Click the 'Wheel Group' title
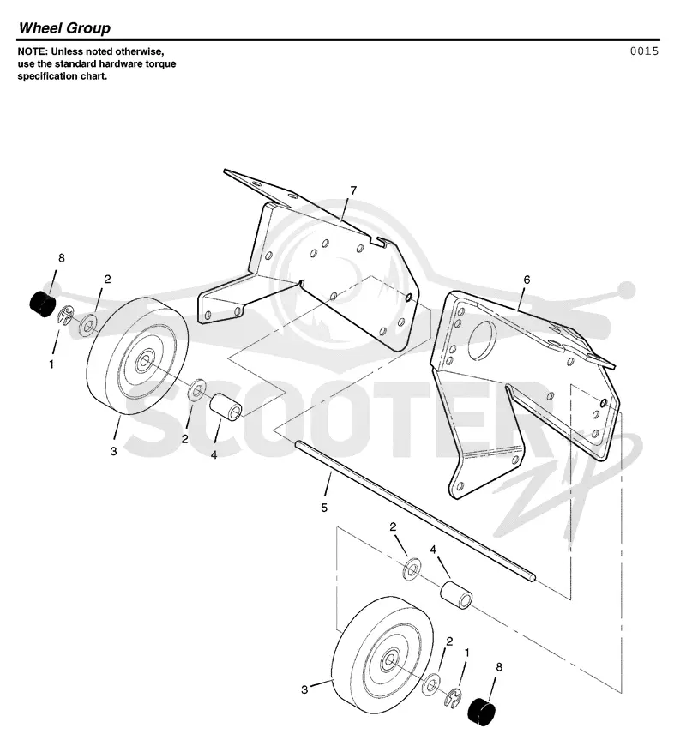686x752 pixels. [x=64, y=27]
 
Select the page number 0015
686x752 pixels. [x=644, y=51]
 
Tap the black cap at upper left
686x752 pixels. [x=42, y=304]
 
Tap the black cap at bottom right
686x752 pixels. [x=481, y=712]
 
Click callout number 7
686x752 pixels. [x=353, y=191]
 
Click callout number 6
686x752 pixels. [x=527, y=280]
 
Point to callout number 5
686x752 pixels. [x=324, y=508]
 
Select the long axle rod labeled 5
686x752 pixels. [x=415, y=511]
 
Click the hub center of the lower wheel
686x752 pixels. [x=388, y=662]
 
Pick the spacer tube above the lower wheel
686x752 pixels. [x=456, y=597]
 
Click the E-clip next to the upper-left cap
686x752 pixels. [x=66, y=317]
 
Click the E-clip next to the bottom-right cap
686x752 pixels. [x=454, y=697]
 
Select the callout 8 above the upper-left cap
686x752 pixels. [x=62, y=258]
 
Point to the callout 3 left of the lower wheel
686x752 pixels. [x=304, y=689]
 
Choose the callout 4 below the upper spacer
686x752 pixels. [x=214, y=454]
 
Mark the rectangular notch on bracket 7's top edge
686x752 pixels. [x=379, y=241]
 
